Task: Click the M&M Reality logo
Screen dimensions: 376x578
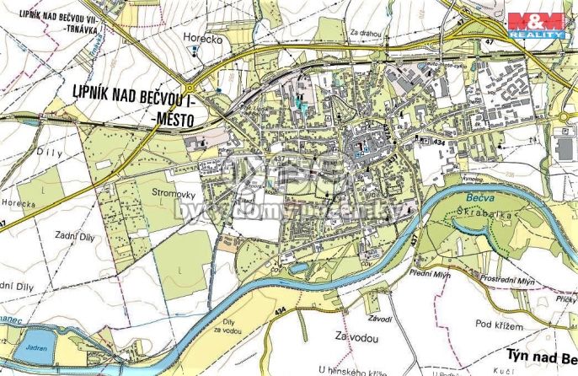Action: pyautogui.click(x=536, y=24)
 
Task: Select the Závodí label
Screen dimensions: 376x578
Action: pyautogui.click(x=380, y=318)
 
